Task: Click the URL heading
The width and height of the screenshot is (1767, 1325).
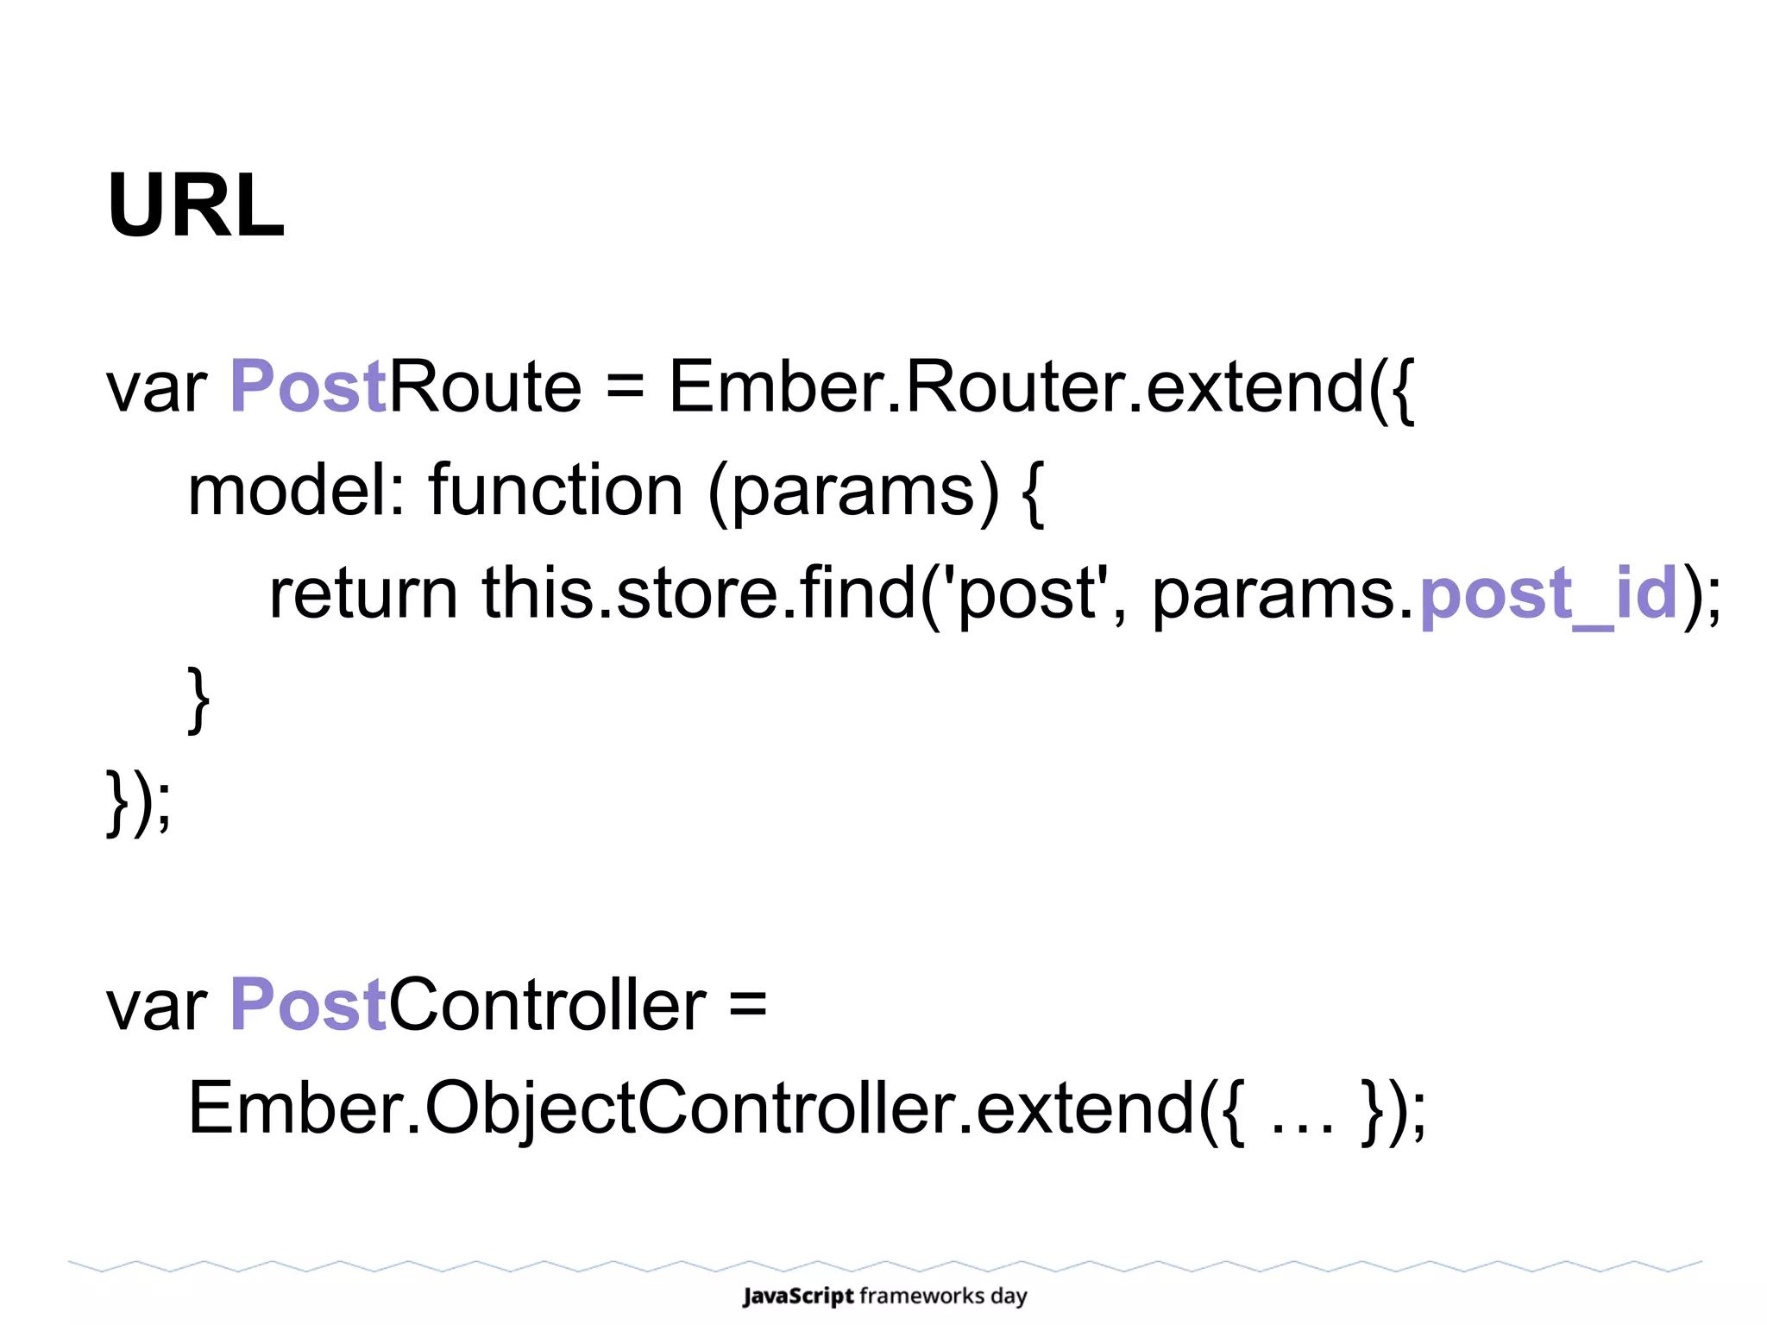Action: point(196,206)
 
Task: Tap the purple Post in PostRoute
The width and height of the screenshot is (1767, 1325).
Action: point(307,386)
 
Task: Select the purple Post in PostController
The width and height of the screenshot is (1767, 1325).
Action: point(307,1005)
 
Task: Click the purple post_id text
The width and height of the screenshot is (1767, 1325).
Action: point(1549,593)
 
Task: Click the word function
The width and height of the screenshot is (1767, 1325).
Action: point(557,490)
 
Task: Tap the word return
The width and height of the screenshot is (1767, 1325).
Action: point(363,593)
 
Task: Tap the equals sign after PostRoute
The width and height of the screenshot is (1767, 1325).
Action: point(626,388)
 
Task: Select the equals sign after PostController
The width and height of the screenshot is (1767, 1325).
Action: point(747,1006)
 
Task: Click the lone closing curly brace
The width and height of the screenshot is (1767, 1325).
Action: point(198,699)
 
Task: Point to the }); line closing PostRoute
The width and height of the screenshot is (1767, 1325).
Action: point(138,802)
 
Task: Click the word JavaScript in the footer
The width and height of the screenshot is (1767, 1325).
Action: point(798,1296)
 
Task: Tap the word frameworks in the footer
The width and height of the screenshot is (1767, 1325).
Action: point(921,1296)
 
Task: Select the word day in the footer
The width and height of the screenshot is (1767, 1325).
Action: point(1009,1297)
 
